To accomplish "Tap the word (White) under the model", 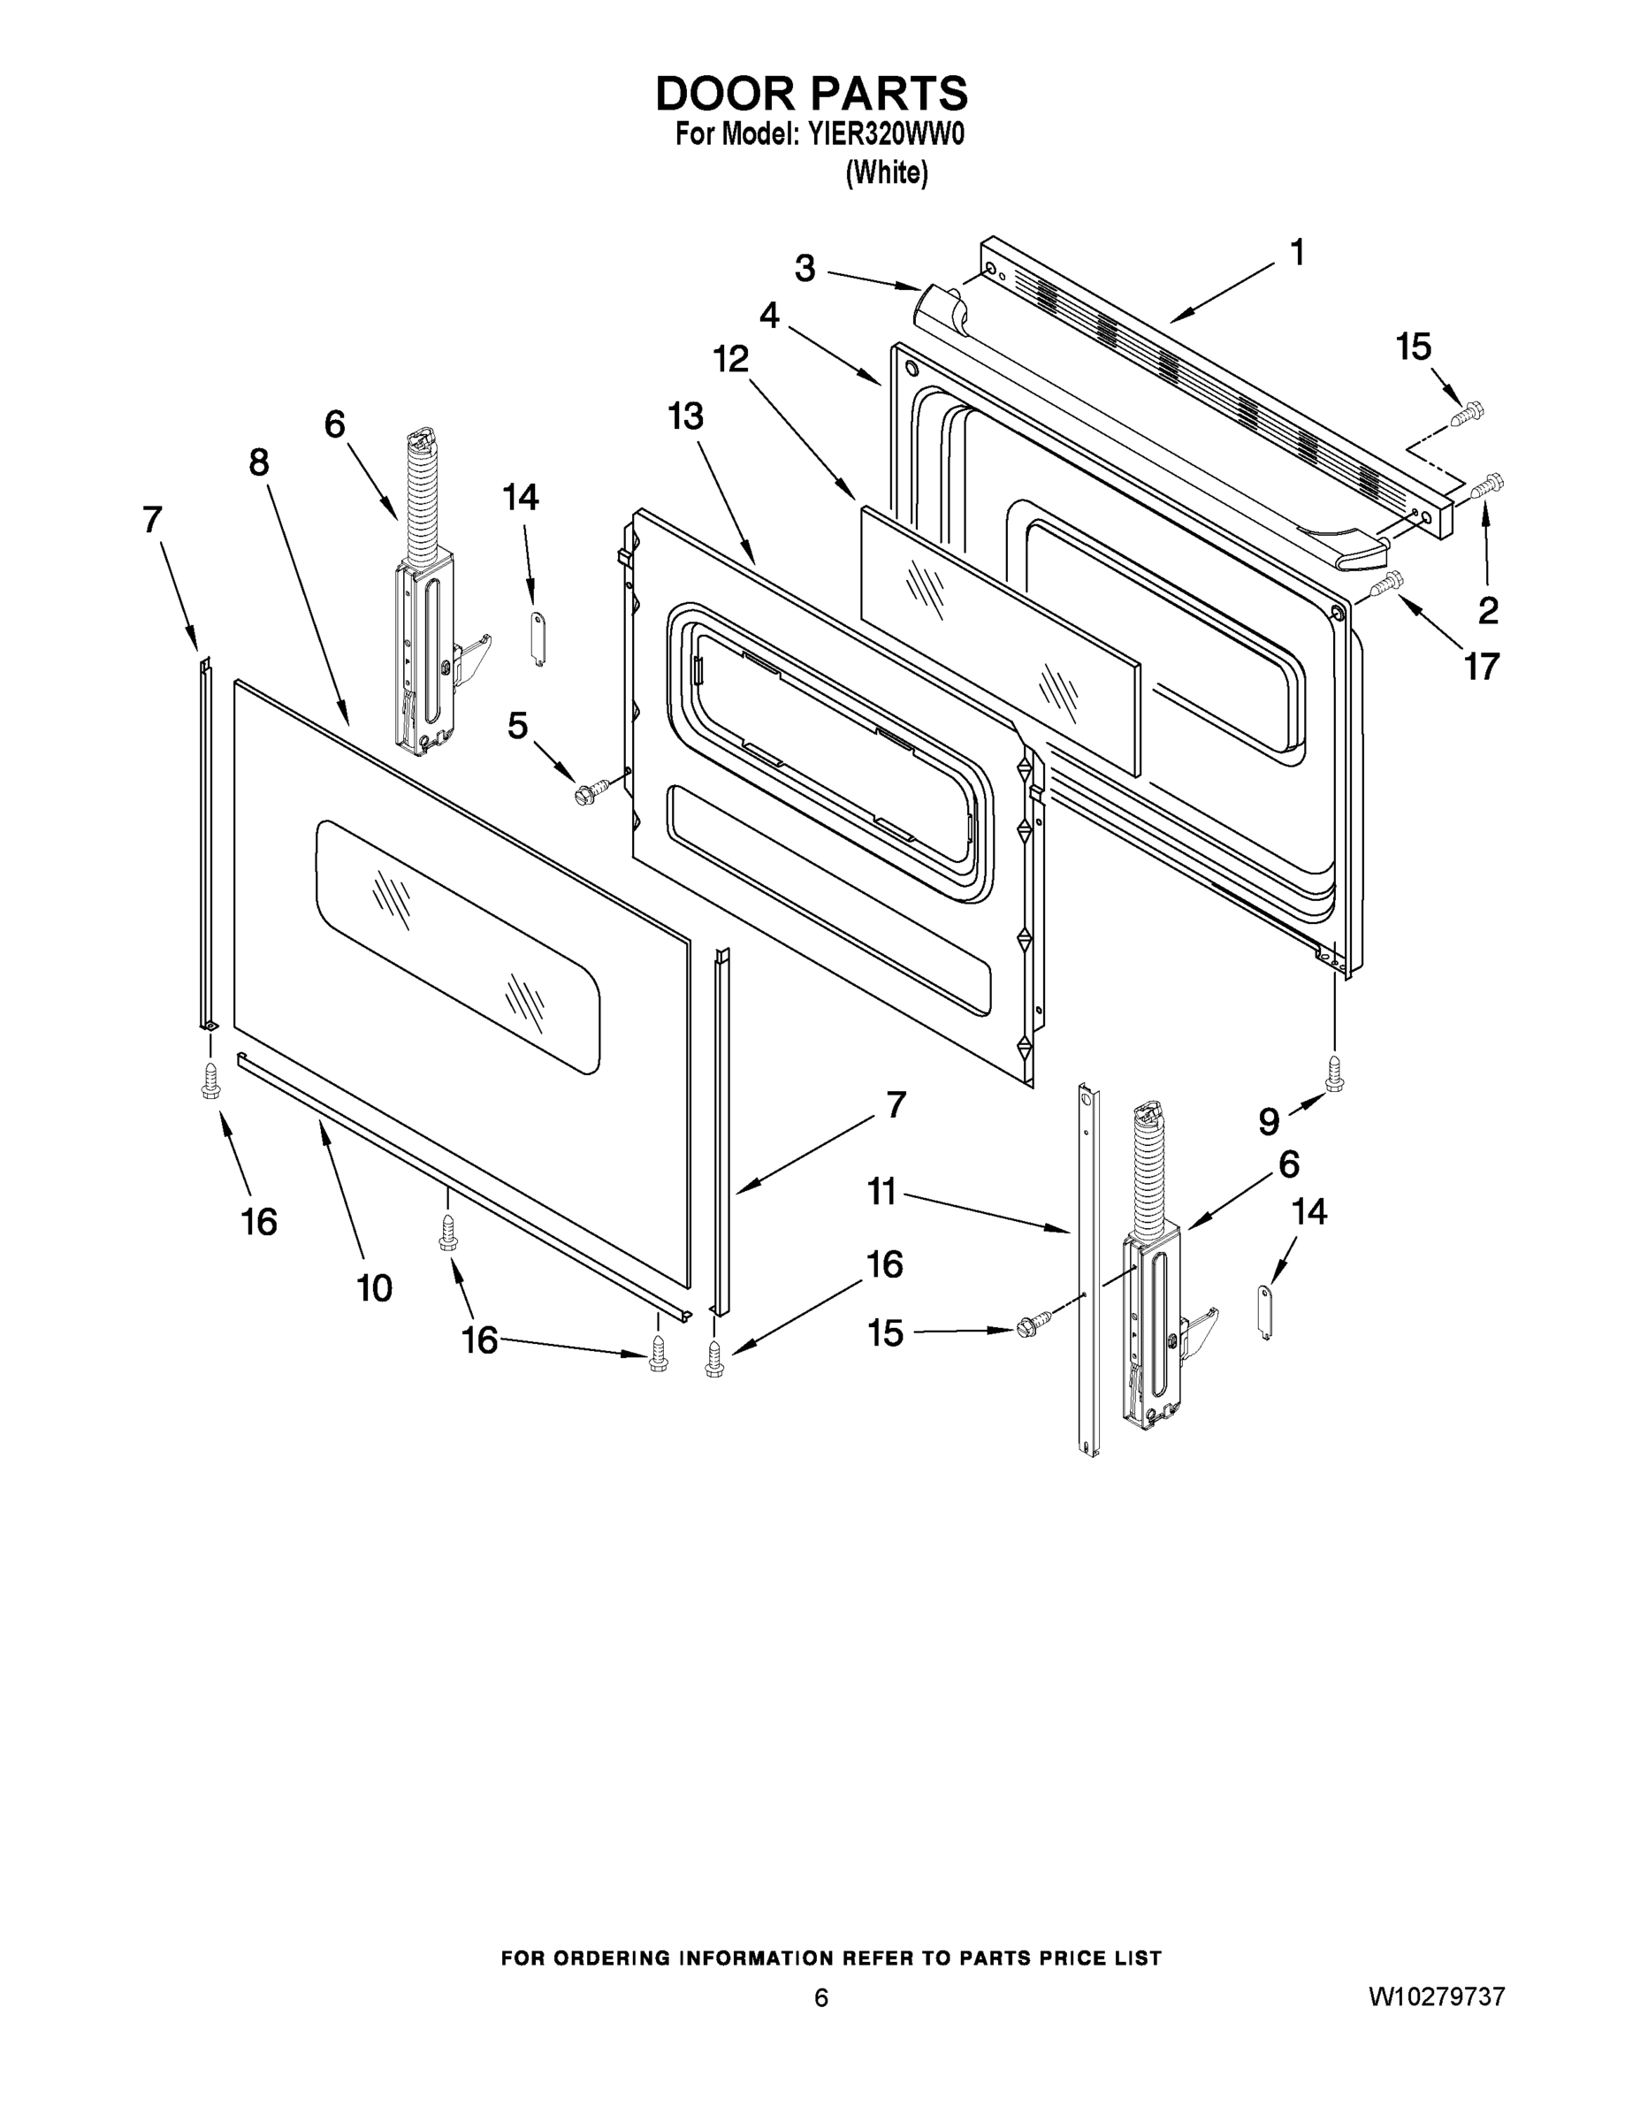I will click(x=886, y=173).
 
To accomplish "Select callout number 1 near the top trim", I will click(x=1296, y=253).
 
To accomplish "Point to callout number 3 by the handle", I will click(x=805, y=268).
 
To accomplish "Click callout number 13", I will click(x=685, y=416).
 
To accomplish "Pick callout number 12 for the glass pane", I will click(x=731, y=360).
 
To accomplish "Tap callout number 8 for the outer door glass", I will click(x=258, y=462).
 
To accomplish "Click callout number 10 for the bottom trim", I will click(x=375, y=1288).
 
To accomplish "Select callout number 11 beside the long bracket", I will click(x=881, y=1191).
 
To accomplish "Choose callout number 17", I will click(x=1482, y=667).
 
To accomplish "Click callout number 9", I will click(x=1269, y=1121).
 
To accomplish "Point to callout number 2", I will click(x=1487, y=610).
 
